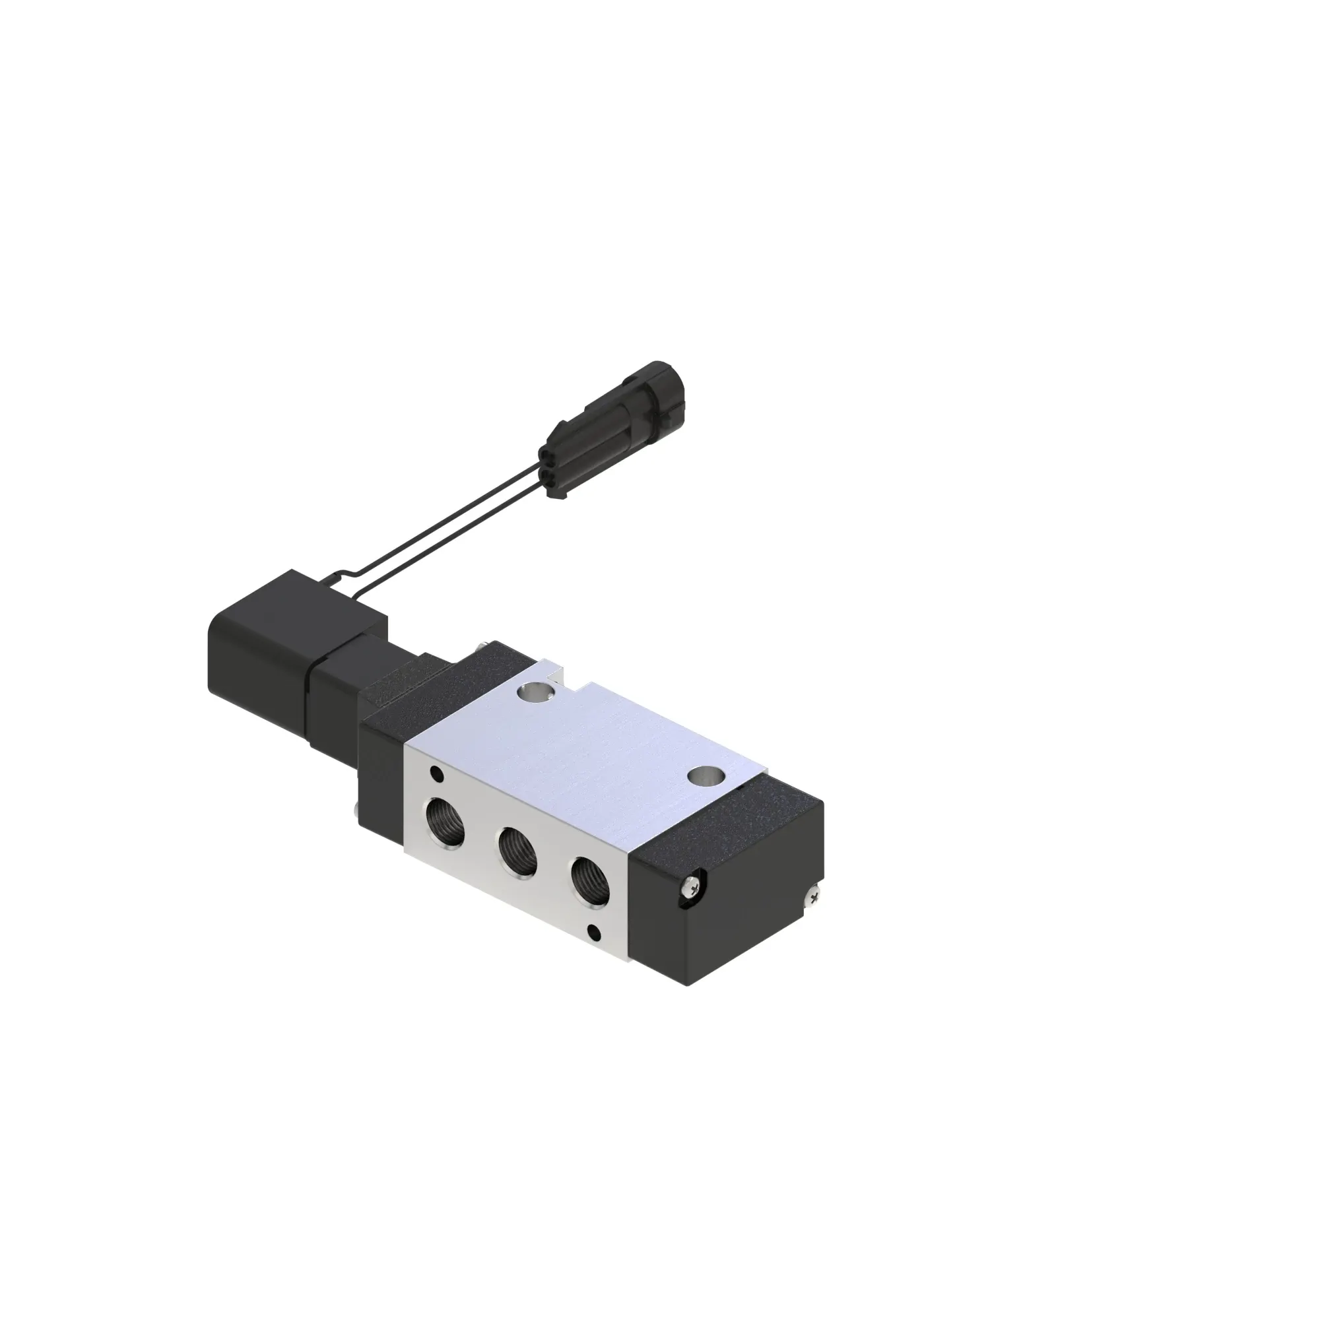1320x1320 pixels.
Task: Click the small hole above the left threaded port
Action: (435, 775)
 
